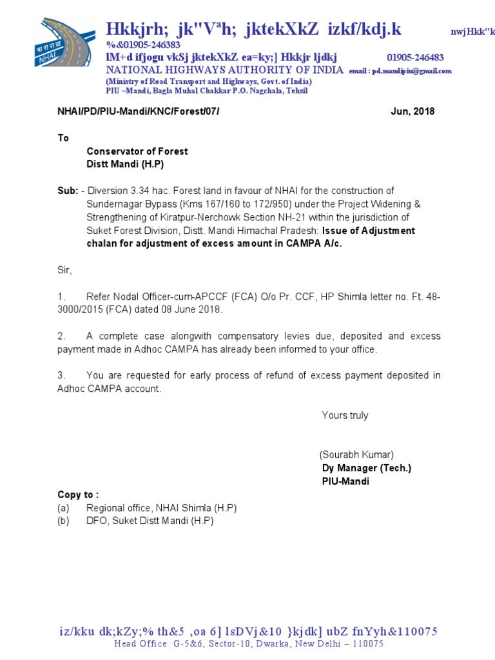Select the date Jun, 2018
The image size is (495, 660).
(412, 112)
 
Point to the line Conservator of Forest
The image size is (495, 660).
(137, 151)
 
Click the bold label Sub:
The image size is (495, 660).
(68, 191)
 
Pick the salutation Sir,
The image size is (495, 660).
(65, 270)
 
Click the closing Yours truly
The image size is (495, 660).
(345, 416)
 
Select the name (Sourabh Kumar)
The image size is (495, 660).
(356, 454)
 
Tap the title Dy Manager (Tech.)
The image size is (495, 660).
(366, 468)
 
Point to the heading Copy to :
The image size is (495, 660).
(78, 495)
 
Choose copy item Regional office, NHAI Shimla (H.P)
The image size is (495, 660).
(161, 508)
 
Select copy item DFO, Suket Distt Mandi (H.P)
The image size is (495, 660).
(150, 521)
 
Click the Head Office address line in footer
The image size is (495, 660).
(249, 643)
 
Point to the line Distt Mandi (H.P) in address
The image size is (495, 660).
(125, 164)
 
